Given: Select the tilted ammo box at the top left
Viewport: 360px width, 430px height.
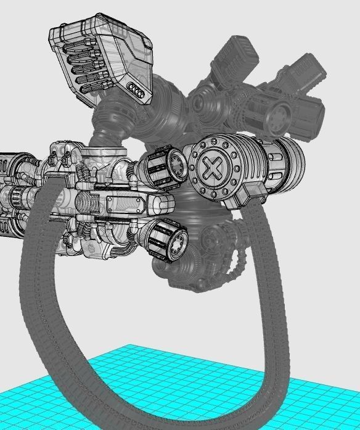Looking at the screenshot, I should [101, 62].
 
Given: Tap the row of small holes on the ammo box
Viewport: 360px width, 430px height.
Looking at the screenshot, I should [137, 91].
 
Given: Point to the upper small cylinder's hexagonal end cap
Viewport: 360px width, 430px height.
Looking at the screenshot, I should [177, 164].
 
